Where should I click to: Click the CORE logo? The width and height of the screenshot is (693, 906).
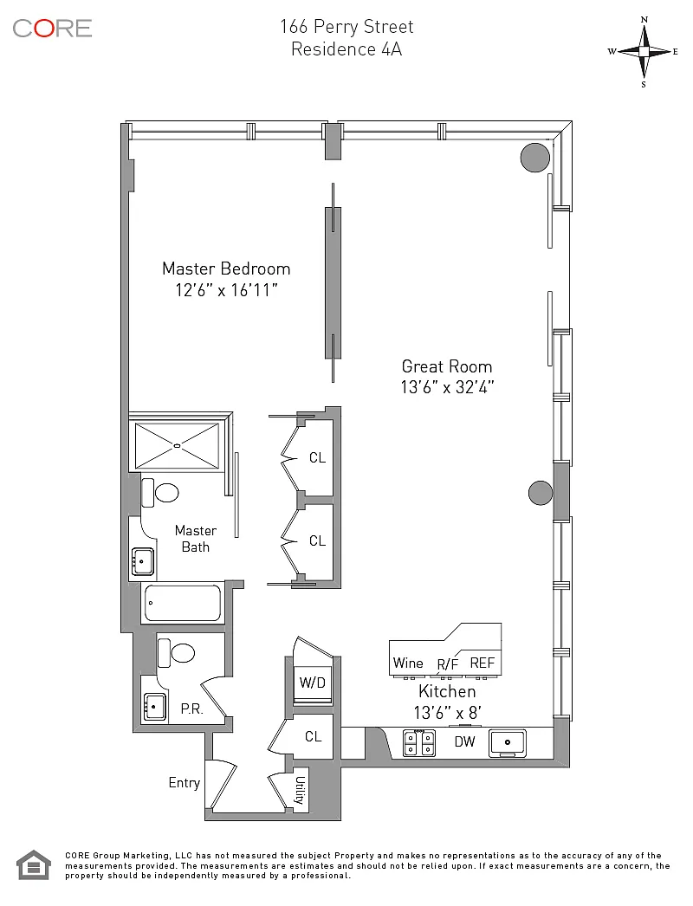[x=52, y=29]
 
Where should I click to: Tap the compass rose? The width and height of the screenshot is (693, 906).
[x=644, y=52]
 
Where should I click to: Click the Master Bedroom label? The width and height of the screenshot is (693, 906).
[x=226, y=269]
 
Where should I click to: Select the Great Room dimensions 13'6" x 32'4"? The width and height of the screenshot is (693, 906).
[x=447, y=387]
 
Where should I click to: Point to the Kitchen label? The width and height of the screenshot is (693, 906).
[x=447, y=691]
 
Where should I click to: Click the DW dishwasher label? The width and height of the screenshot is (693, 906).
[x=464, y=742]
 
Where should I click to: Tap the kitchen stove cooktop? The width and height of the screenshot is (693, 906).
[x=419, y=743]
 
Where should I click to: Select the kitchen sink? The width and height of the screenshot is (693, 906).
[x=508, y=743]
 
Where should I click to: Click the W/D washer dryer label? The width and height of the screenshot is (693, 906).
[x=312, y=683]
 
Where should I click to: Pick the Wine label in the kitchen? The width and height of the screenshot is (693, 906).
[x=408, y=663]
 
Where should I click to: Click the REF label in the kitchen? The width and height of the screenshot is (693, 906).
[x=482, y=663]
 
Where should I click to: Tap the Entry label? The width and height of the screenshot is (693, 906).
[x=184, y=783]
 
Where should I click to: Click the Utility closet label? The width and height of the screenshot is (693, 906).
[x=300, y=790]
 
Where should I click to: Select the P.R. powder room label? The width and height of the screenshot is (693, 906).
[x=192, y=709]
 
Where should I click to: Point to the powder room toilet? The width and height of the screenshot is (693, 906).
[x=176, y=653]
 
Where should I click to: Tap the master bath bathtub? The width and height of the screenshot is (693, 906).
[x=182, y=603]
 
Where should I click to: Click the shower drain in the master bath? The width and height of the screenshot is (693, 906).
[x=178, y=445]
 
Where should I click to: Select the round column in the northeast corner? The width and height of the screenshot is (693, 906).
[x=534, y=157]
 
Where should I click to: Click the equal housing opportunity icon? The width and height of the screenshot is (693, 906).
[x=34, y=865]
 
